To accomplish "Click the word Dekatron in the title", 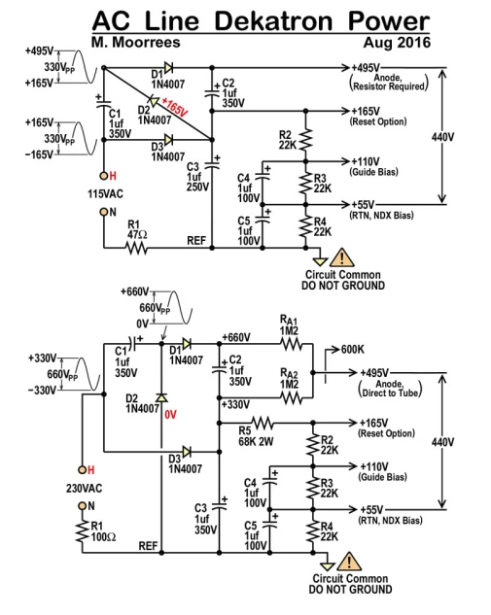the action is click(x=273, y=20).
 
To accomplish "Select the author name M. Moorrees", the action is click(x=136, y=43).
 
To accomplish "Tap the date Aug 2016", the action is click(x=397, y=43).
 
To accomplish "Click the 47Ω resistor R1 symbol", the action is click(x=136, y=248).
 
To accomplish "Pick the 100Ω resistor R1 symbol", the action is click(x=83, y=531).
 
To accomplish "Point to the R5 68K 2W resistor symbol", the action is click(x=263, y=424).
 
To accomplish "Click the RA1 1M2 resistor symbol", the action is click(x=292, y=344).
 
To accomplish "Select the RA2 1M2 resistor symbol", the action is click(x=292, y=398).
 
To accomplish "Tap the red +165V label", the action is click(x=175, y=108).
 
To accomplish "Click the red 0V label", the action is click(x=171, y=415).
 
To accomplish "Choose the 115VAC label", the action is click(x=105, y=194).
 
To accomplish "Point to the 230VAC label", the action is click(x=84, y=489).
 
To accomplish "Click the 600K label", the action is click(x=353, y=349).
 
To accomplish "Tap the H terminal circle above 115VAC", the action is click(x=104, y=176).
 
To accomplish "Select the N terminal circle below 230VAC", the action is click(x=82, y=506).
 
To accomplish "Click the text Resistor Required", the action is click(x=389, y=86).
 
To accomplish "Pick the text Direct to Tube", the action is click(x=390, y=393).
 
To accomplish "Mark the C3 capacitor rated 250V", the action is click(x=212, y=163).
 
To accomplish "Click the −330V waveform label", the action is click(x=42, y=391).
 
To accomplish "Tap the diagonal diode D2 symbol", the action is click(x=154, y=102).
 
